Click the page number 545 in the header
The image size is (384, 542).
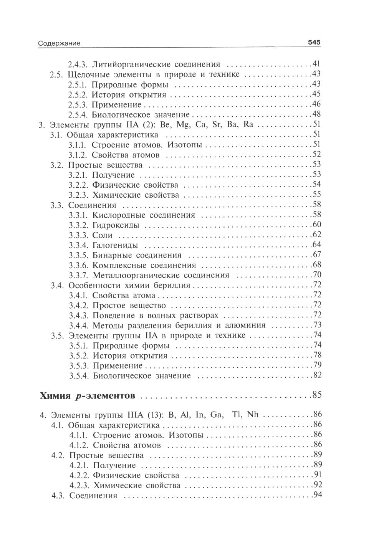coord(314,43)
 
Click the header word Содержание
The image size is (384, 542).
coord(59,43)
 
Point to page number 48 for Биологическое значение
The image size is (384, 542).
coord(316,114)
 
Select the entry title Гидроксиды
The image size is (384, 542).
coord(116,225)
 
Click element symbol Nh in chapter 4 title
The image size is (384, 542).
coord(253,415)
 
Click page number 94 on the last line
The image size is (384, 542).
coord(317,495)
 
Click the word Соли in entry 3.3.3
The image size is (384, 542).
coord(103,235)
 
